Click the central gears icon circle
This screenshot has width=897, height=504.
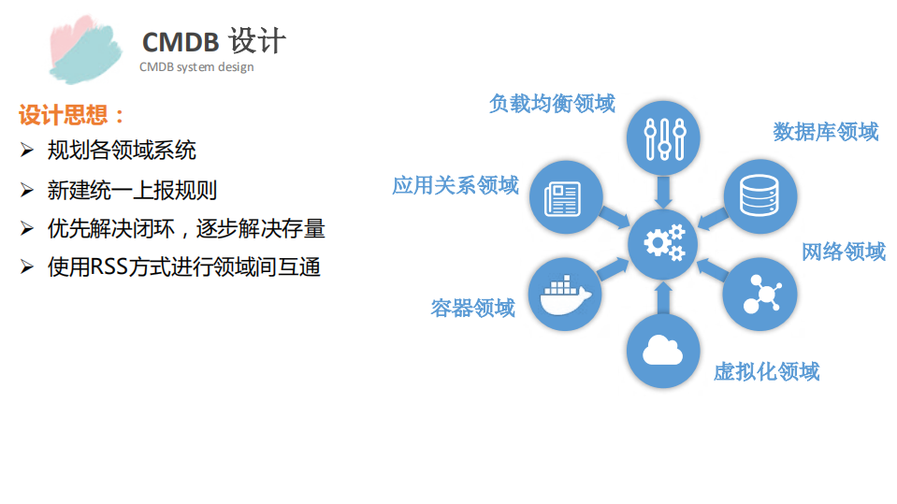(x=664, y=243)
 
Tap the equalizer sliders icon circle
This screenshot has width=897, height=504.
(x=664, y=138)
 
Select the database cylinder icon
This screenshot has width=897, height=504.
(x=760, y=194)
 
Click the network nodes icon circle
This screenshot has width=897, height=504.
(x=760, y=294)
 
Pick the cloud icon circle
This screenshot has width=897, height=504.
(x=664, y=350)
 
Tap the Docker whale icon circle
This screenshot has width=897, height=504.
(x=565, y=294)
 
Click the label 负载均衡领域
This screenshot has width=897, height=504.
(x=552, y=103)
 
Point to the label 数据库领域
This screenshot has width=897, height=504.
(x=825, y=132)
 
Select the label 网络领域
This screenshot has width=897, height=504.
(x=843, y=252)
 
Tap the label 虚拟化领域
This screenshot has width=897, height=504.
(x=766, y=372)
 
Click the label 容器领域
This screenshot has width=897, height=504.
(x=472, y=308)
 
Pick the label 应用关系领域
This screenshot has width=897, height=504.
(x=455, y=185)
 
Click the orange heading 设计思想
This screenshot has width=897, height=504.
(x=71, y=116)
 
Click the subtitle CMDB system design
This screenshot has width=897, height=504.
(x=196, y=67)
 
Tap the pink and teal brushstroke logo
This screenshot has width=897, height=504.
(x=85, y=50)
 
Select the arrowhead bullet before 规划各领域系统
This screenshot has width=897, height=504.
(x=27, y=150)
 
